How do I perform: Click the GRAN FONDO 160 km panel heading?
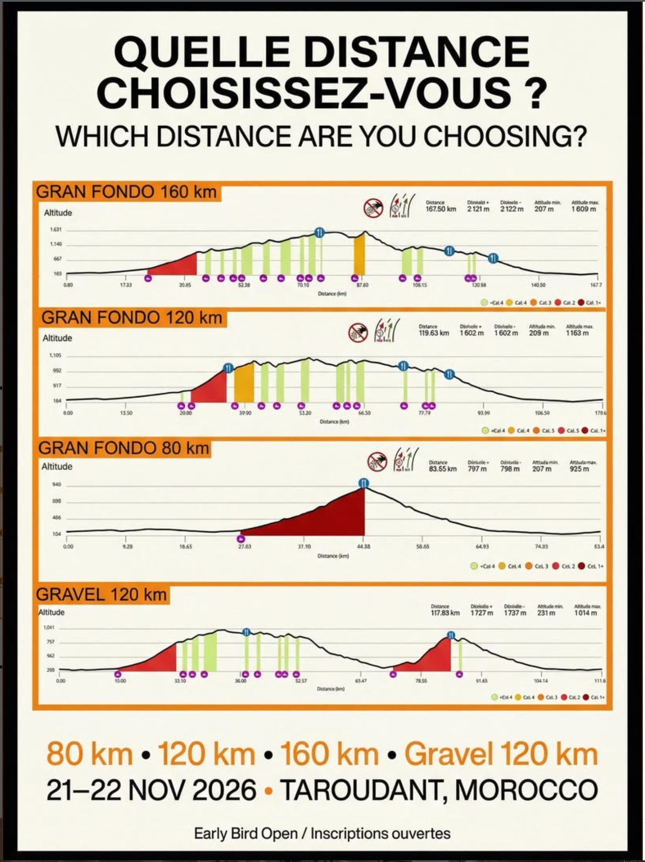click(126, 192)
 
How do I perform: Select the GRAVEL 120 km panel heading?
click(101, 594)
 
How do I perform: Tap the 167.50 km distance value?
click(441, 209)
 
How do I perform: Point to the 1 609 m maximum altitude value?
click(584, 209)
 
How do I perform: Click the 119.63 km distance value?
click(434, 333)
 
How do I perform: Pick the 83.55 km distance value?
click(442, 469)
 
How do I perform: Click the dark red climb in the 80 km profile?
click(331, 519)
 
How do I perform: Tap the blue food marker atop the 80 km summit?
click(363, 483)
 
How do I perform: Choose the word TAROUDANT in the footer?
click(360, 790)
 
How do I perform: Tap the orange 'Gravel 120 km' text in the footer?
click(501, 754)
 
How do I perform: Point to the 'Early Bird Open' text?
click(246, 833)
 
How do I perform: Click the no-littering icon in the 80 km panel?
click(377, 462)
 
